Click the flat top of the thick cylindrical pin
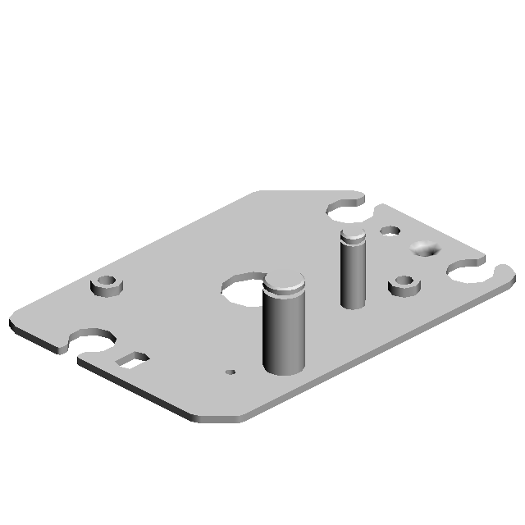tap(285, 283)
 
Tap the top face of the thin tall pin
tap(353, 236)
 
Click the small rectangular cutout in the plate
tap(132, 358)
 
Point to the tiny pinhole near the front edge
tap(231, 372)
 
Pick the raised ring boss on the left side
tap(106, 286)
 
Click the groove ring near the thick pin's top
tap(284, 294)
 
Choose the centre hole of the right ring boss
tap(403, 282)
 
